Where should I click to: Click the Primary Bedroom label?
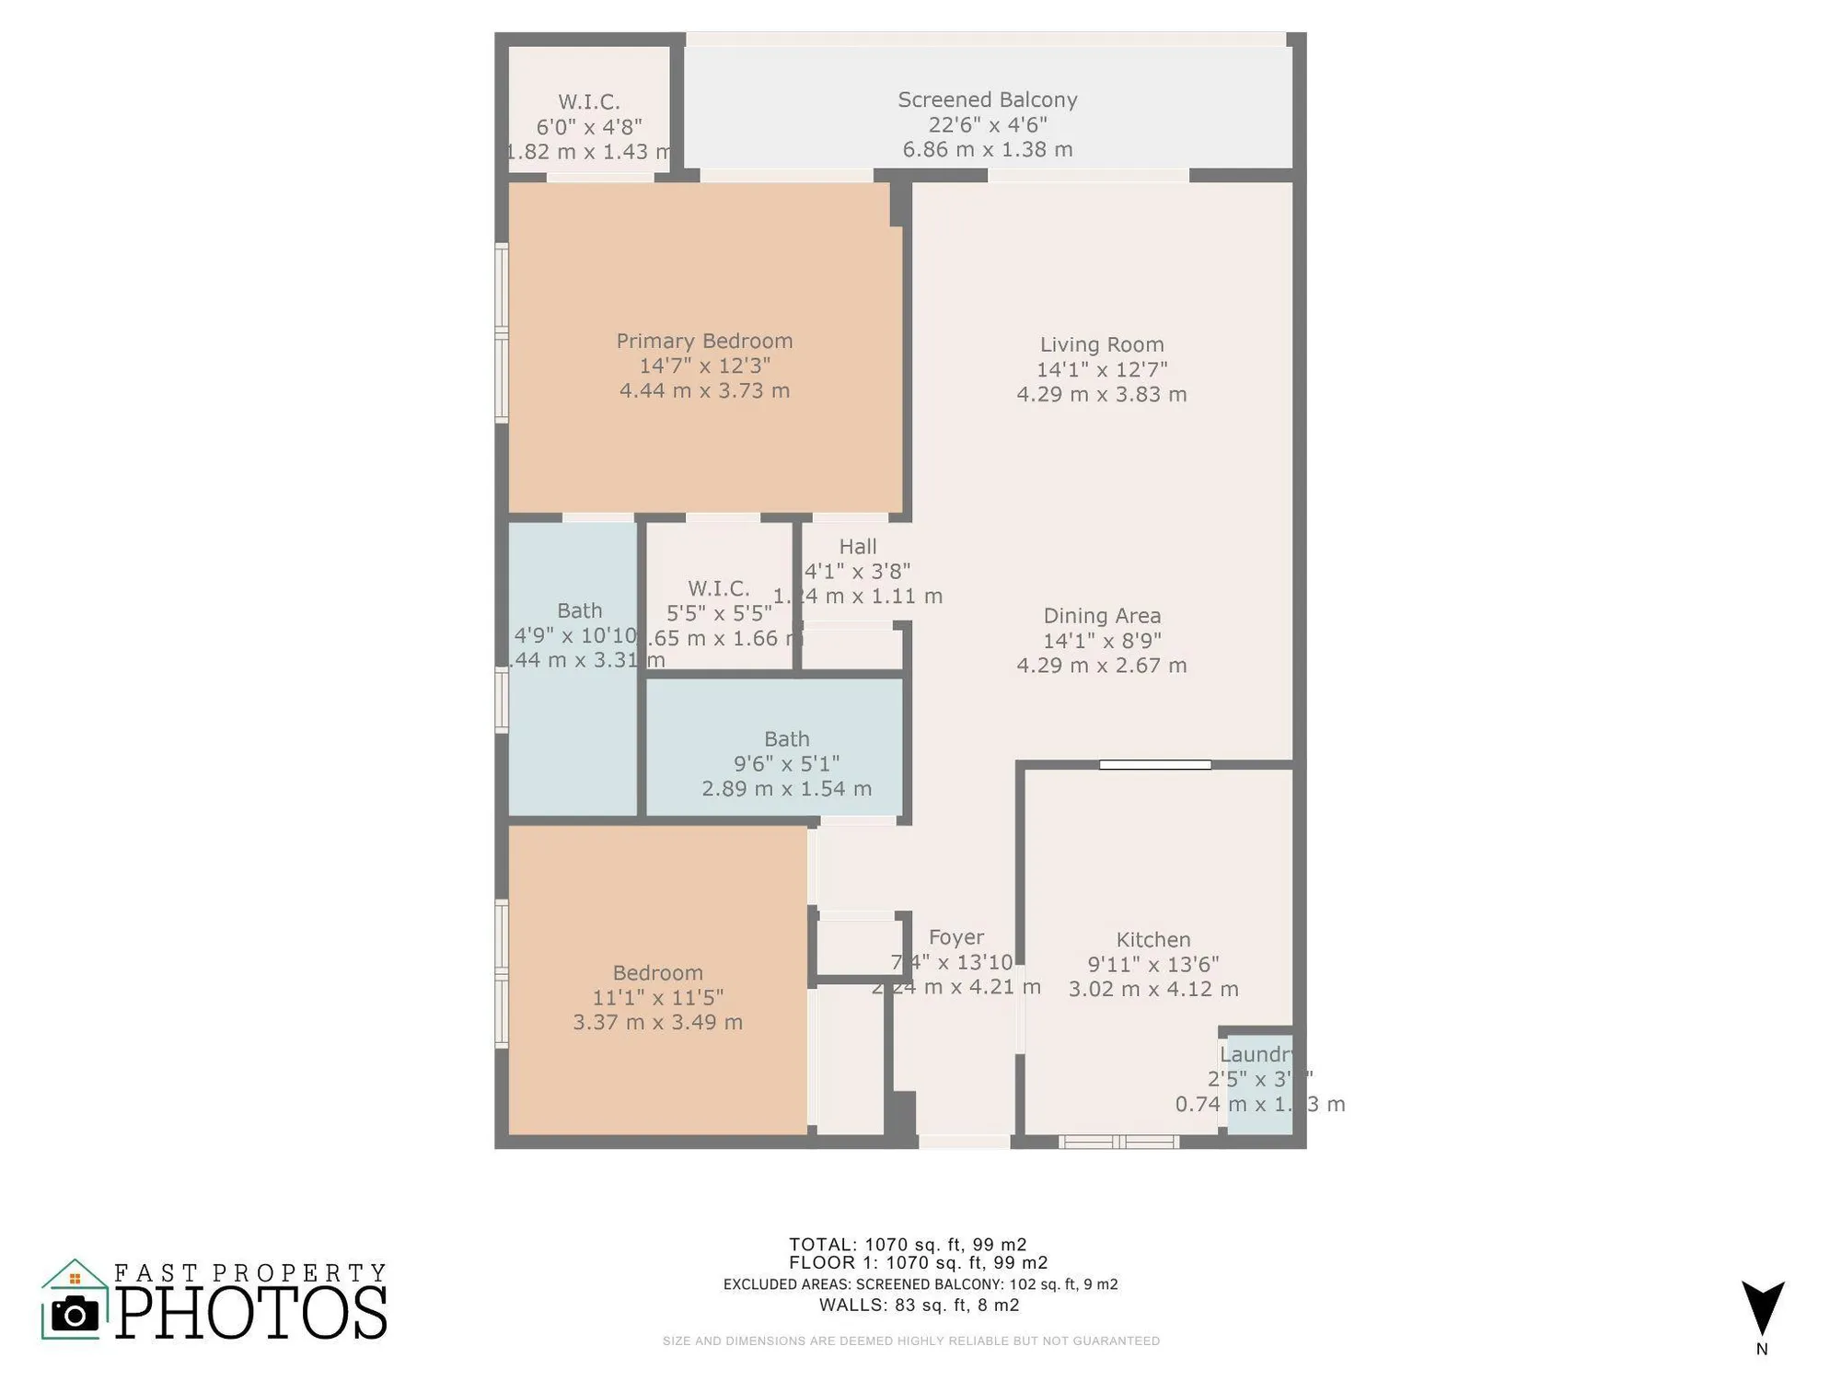click(704, 341)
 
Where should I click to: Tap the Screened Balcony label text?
click(987, 99)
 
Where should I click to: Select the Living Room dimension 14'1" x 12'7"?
click(1101, 369)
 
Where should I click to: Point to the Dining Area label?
click(1101, 615)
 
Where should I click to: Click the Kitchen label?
click(1152, 939)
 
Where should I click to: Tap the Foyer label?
click(955, 937)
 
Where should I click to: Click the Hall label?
click(857, 546)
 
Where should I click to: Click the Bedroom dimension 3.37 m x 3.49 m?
click(657, 1022)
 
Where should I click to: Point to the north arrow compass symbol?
click(1762, 1307)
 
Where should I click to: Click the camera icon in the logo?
click(75, 1314)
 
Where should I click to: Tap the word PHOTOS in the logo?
click(251, 1313)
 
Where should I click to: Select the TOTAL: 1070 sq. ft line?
click(907, 1245)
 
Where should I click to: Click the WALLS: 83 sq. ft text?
click(919, 1305)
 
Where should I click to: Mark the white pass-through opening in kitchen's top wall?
click(1154, 764)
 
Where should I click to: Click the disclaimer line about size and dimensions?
click(910, 1340)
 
